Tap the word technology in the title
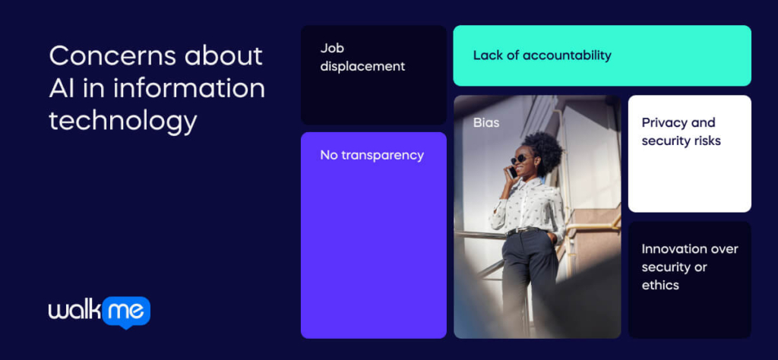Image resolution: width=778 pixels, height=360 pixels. coord(123,122)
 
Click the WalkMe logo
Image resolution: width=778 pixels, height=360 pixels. coord(100,312)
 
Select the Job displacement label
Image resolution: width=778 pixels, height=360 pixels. coord(362,57)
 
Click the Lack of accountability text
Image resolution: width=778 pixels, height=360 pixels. coord(542,55)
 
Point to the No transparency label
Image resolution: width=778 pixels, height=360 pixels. coord(372,155)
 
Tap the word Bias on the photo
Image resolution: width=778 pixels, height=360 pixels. coord(485,122)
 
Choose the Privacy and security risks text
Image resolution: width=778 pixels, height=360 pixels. coord(681,131)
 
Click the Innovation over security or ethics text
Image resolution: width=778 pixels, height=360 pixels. coord(690,267)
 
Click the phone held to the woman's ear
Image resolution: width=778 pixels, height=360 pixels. coord(511,172)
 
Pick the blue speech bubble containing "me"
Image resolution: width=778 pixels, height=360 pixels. coord(126,312)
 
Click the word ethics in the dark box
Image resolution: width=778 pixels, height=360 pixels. coord(660,285)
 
